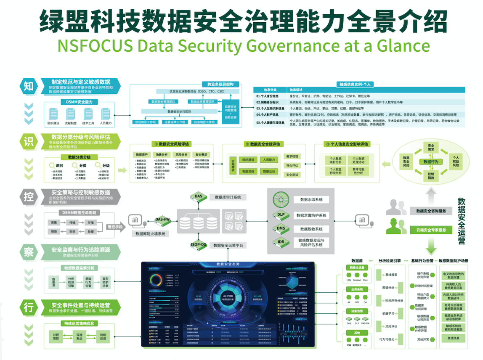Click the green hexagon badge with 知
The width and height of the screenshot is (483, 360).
pos(29,86)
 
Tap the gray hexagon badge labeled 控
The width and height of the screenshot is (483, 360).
pos(29,197)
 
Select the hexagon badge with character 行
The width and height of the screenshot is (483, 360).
pos(29,307)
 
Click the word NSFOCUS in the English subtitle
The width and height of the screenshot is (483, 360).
pos(88,45)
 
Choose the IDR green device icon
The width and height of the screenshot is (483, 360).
pos(281,242)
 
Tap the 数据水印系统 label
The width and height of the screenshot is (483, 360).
pos(311,200)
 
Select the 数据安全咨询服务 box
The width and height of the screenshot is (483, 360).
pos(431,211)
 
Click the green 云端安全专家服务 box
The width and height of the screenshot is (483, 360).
pos(431,230)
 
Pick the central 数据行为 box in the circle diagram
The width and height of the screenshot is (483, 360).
pos(431,162)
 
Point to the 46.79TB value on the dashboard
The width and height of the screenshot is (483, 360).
pos(228,296)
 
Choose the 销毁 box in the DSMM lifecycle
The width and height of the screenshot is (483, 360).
pos(54,232)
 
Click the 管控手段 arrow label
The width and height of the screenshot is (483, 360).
pos(115,227)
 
